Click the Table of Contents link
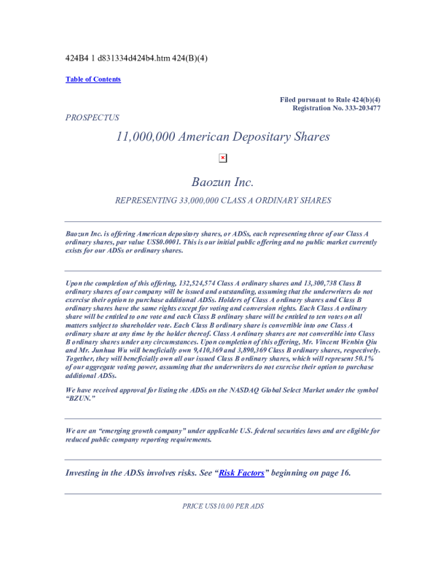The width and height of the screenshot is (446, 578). (93, 80)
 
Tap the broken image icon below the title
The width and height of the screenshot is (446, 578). (223, 158)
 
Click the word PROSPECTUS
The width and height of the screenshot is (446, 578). (92, 117)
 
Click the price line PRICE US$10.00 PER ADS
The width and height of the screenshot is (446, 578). (223, 506)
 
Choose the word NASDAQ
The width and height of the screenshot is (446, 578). (268, 390)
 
